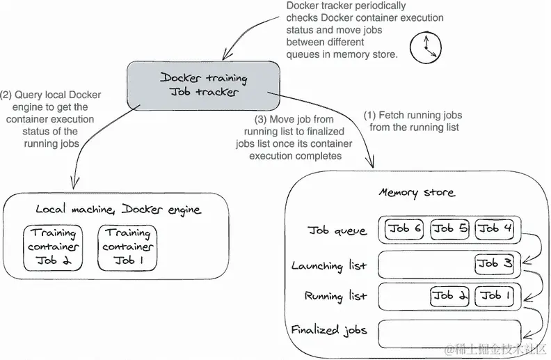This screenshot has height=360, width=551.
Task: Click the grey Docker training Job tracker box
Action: (203, 85)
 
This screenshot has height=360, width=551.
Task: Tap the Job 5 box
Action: (449, 229)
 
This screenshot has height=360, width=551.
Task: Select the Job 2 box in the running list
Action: (449, 296)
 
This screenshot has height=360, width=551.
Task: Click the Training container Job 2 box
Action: (54, 248)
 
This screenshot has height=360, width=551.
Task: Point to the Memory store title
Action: (416, 192)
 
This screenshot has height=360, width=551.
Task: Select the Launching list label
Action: (328, 266)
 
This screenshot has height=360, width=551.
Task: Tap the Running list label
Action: (335, 297)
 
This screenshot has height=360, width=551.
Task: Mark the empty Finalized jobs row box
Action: (449, 330)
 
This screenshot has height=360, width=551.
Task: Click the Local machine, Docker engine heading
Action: (118, 209)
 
